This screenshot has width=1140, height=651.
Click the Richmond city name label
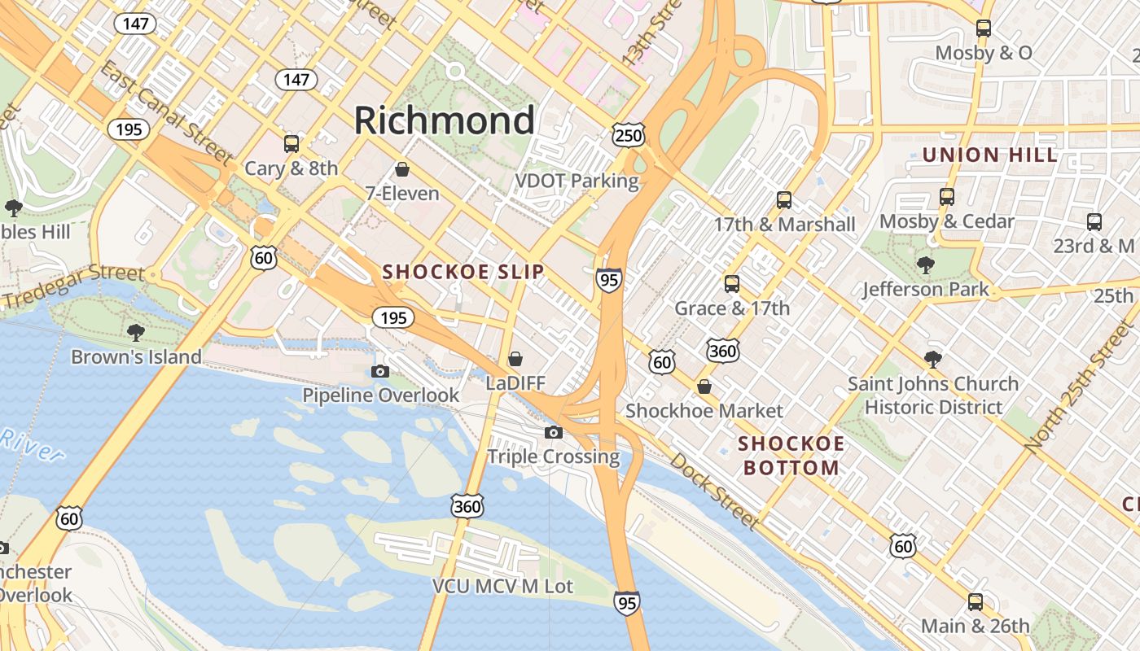click(x=445, y=120)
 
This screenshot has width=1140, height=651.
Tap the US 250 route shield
click(x=629, y=134)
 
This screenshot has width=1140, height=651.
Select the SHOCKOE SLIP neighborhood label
click(x=463, y=272)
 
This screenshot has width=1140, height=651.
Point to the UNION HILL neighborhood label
click(x=990, y=155)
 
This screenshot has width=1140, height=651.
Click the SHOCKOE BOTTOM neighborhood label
click(x=791, y=456)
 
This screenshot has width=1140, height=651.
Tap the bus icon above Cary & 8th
click(x=291, y=144)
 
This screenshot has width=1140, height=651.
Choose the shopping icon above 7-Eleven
click(x=401, y=169)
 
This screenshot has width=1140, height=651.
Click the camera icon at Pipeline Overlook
click(x=379, y=371)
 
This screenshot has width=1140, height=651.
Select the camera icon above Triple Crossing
click(x=554, y=432)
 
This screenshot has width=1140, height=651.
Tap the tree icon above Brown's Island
click(x=136, y=332)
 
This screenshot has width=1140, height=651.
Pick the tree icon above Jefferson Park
click(x=925, y=264)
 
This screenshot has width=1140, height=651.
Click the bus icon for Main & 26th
click(x=975, y=602)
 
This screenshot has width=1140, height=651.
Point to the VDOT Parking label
click(x=577, y=181)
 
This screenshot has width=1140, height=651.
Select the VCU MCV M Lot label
click(x=502, y=586)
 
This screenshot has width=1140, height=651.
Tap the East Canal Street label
click(x=167, y=111)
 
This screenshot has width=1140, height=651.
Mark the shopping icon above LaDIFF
click(x=515, y=358)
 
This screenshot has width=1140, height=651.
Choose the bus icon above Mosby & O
click(x=983, y=28)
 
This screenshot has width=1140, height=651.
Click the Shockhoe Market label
click(x=704, y=411)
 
